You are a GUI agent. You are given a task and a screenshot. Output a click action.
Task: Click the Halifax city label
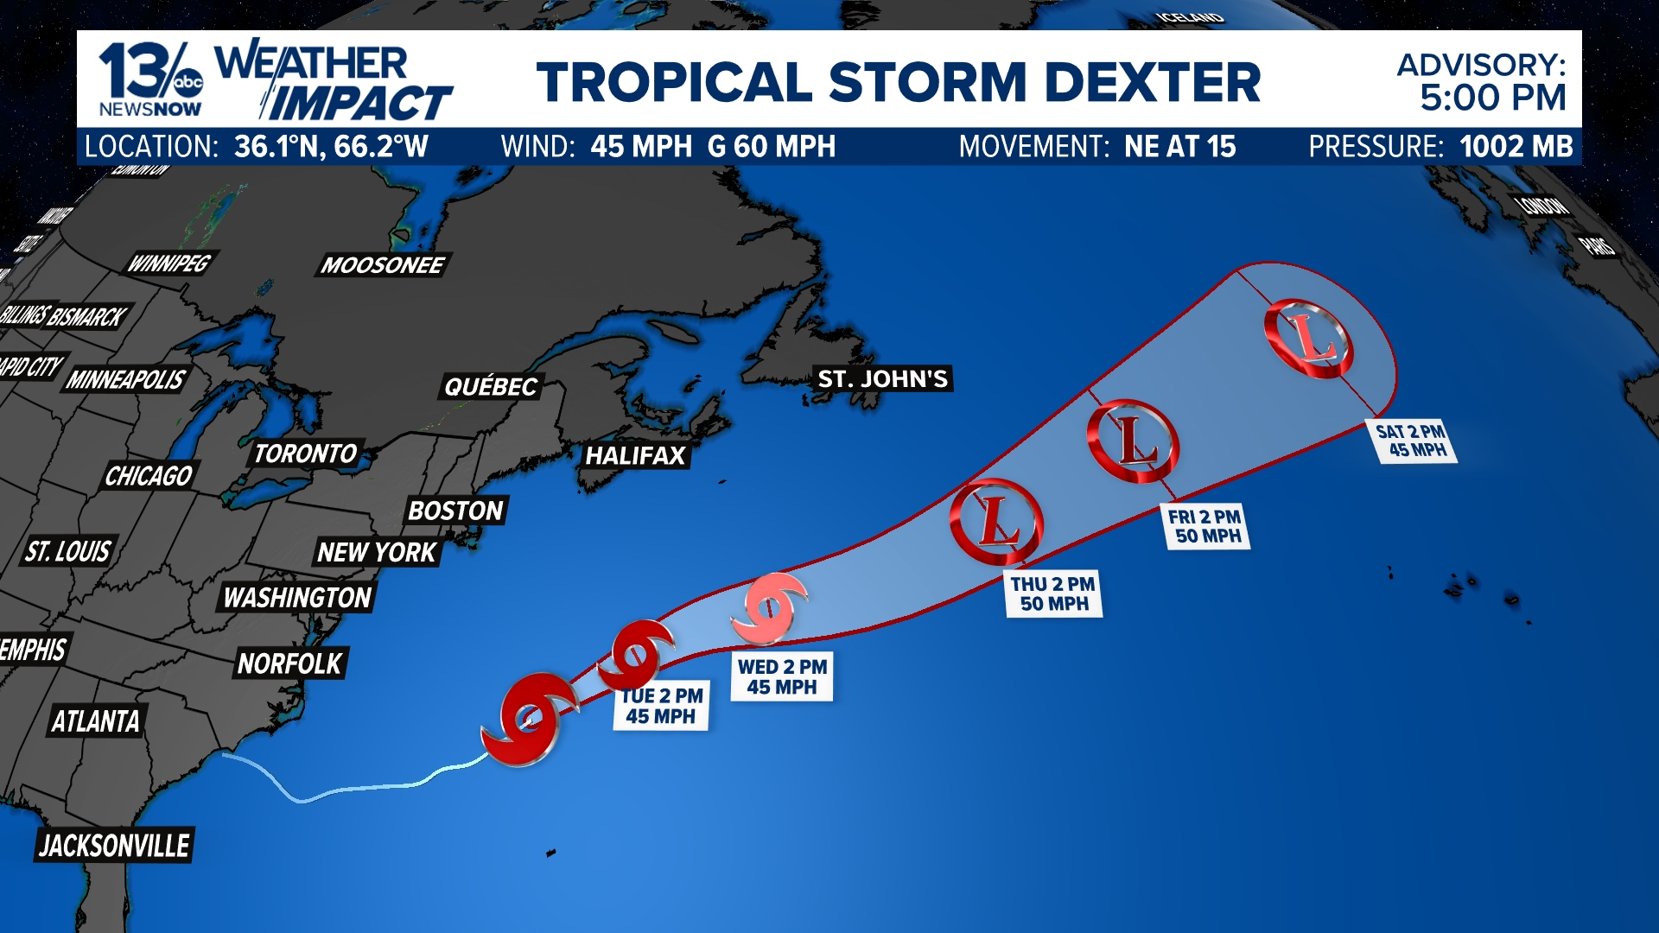click(635, 455)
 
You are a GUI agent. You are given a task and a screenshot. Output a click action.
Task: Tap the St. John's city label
click(882, 378)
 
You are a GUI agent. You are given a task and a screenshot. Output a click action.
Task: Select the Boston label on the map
click(455, 511)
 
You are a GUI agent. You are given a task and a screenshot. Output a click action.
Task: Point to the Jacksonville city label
click(114, 845)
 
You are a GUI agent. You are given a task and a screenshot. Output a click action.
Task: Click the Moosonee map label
click(382, 265)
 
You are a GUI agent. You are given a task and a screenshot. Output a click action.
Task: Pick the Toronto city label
click(305, 454)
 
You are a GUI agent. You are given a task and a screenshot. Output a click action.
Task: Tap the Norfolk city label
click(290, 663)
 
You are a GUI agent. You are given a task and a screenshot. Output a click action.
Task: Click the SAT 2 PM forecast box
click(1411, 441)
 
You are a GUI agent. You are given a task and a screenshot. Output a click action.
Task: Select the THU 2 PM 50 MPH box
click(1053, 593)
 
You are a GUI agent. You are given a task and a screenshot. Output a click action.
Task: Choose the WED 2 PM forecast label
click(782, 676)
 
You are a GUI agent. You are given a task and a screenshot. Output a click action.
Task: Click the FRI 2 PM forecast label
click(1205, 526)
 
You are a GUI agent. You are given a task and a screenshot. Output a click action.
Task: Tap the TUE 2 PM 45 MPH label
click(661, 706)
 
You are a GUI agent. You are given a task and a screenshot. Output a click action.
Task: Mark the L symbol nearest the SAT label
click(1308, 338)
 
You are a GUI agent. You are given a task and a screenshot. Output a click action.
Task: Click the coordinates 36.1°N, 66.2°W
click(331, 147)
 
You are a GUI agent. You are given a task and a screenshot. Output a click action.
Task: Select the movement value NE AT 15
click(1179, 147)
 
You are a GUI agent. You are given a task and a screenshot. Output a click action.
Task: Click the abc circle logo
click(188, 83)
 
